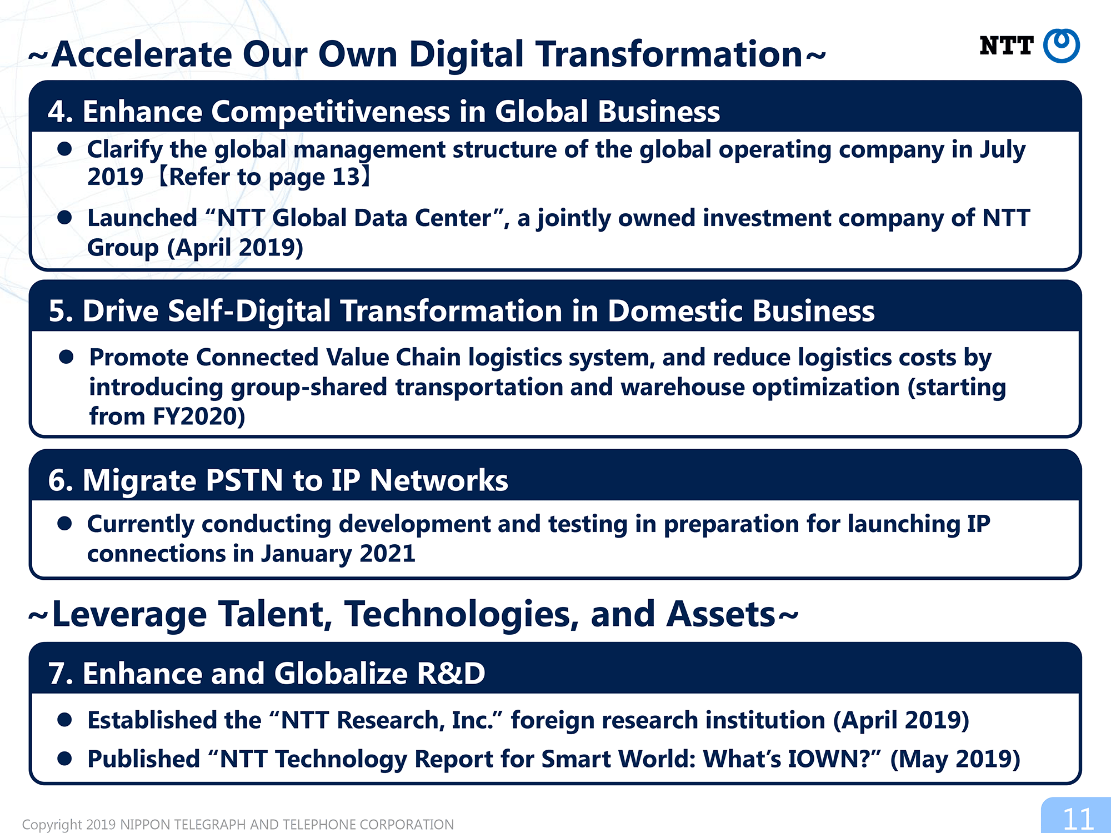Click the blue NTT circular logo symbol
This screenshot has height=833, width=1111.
pyautogui.click(x=1061, y=46)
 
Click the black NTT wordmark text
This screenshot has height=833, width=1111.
pyautogui.click(x=1007, y=46)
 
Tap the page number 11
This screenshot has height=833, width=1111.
pyautogui.click(x=1078, y=819)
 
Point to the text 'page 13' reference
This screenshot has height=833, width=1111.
pyautogui.click(x=314, y=178)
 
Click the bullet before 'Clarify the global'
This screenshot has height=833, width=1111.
pyautogui.click(x=64, y=148)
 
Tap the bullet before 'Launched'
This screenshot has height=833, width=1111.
pyautogui.click(x=64, y=217)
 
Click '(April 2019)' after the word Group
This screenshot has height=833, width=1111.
pyautogui.click(x=235, y=248)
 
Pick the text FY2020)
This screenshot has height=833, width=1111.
pyautogui.click(x=198, y=416)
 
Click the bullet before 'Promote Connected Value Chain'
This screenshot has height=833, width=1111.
pyautogui.click(x=66, y=357)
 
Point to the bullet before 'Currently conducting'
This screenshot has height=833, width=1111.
pyautogui.click(x=64, y=523)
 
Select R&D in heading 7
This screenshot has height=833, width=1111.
pyautogui.click(x=451, y=674)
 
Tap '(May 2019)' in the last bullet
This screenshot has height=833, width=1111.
pyautogui.click(x=955, y=760)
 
